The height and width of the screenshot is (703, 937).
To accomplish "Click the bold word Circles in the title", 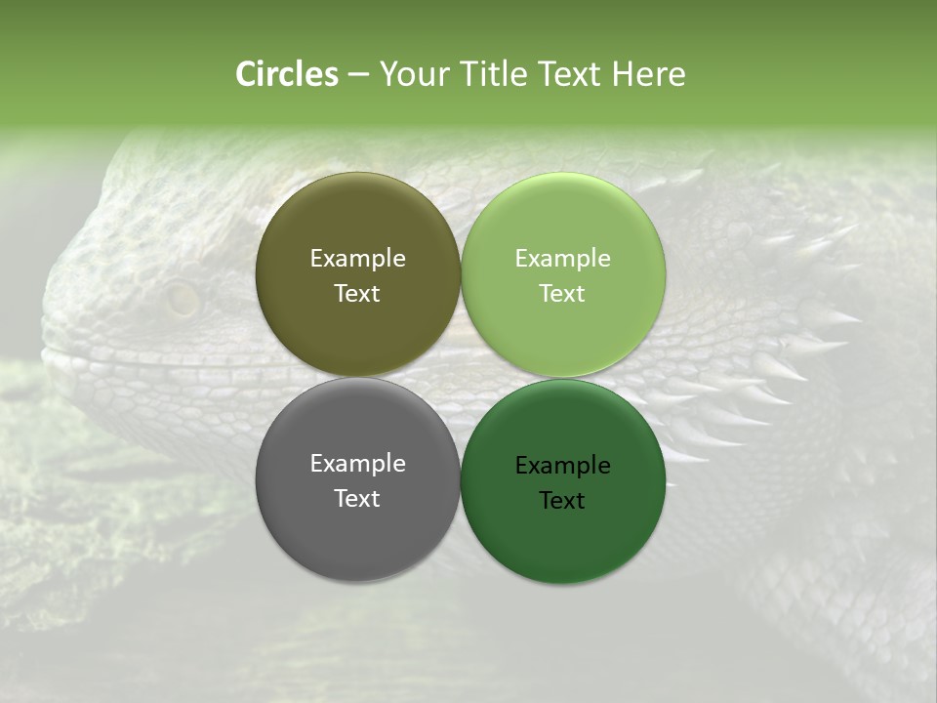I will pyautogui.click(x=287, y=74).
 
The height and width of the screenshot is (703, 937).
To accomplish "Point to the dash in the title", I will pyautogui.click(x=358, y=75).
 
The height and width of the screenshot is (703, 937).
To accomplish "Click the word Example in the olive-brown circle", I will pyautogui.click(x=357, y=259).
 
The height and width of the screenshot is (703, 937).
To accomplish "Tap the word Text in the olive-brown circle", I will pyautogui.click(x=357, y=294).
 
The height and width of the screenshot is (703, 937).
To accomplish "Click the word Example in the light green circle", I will pyautogui.click(x=563, y=259).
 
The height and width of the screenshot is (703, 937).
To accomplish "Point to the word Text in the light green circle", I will pyautogui.click(x=563, y=294).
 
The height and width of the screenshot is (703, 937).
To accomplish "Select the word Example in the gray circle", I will pyautogui.click(x=357, y=464).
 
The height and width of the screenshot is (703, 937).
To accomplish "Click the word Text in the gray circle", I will pyautogui.click(x=357, y=499).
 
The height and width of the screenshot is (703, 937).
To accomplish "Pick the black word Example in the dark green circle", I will pyautogui.click(x=563, y=466).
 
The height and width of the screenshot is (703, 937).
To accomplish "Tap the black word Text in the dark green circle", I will pyautogui.click(x=563, y=501).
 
